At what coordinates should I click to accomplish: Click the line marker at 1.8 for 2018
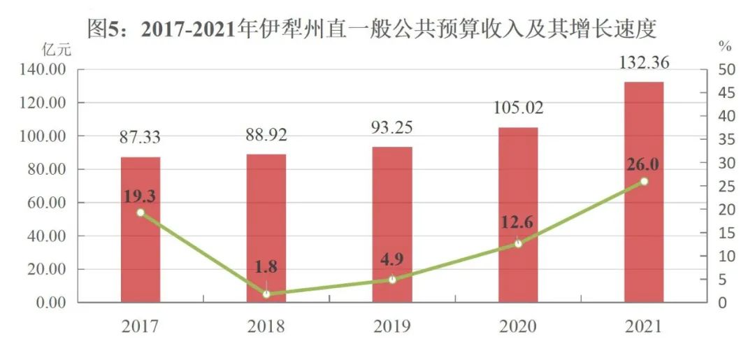pyautogui.click(x=266, y=294)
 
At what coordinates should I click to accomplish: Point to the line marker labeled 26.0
pyautogui.click(x=644, y=182)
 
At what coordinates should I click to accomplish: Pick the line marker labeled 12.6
pyautogui.click(x=518, y=244)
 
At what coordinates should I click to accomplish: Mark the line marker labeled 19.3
pyautogui.click(x=141, y=213)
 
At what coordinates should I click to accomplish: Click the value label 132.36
pyautogui.click(x=644, y=63)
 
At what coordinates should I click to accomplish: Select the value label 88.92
pyautogui.click(x=266, y=134)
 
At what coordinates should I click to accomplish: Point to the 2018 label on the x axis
pyautogui.click(x=266, y=326)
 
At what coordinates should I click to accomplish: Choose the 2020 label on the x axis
pyautogui.click(x=518, y=326)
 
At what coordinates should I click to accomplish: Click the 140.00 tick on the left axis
pyautogui.click(x=45, y=70)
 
